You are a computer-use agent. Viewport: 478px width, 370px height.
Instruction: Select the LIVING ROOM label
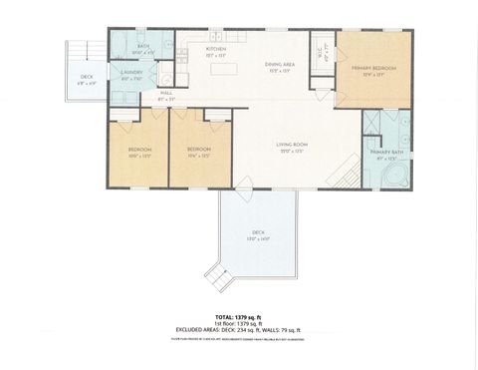(292, 145)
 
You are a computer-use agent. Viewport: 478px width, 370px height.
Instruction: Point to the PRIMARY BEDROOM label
(374, 68)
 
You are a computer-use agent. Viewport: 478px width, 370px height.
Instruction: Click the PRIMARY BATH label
(383, 153)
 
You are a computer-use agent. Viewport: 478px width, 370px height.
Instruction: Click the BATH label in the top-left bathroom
(143, 46)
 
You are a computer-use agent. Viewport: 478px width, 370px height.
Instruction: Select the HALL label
(166, 93)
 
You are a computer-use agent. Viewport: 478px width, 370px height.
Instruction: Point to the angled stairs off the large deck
(215, 271)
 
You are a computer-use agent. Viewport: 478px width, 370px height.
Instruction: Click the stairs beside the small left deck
(79, 51)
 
